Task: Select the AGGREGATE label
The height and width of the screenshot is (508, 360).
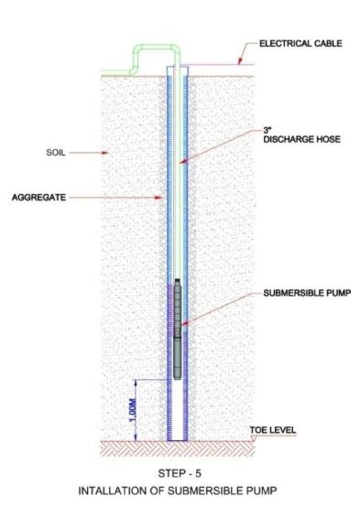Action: [38, 197]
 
